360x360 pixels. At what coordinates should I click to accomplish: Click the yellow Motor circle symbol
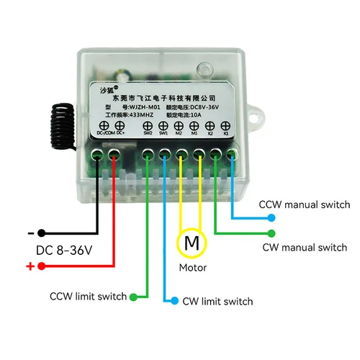192,243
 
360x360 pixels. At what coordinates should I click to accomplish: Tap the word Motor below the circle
192,268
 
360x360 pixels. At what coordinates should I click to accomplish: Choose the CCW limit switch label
88,296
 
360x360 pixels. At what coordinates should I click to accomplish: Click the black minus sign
30,233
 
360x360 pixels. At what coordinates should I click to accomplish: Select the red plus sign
30,266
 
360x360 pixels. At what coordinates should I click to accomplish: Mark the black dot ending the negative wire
42,233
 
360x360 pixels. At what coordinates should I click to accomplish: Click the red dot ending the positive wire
42,266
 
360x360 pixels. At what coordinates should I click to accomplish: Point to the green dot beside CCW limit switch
134,296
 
